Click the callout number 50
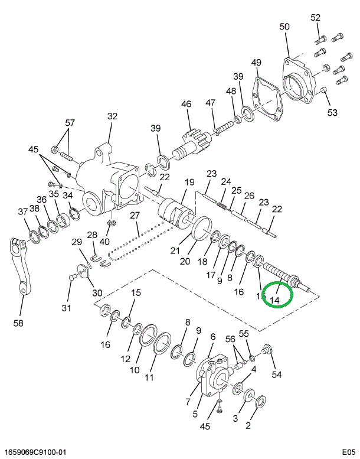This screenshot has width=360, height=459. tap(285, 27)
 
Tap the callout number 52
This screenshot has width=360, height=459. tap(316, 17)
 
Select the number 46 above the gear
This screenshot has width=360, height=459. tap(186, 105)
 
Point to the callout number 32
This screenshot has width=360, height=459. tap(112, 117)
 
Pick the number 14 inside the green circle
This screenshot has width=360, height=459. tap(274, 300)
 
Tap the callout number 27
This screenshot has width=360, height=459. tap(135, 215)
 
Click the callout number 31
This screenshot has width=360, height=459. tap(66, 308)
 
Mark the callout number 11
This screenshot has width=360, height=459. tap(149, 376)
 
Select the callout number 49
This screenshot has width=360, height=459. tap(256, 63)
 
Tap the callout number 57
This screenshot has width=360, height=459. tap(70, 123)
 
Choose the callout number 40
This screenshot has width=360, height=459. tap(104, 241)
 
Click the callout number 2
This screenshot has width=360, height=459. tap(248, 425)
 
